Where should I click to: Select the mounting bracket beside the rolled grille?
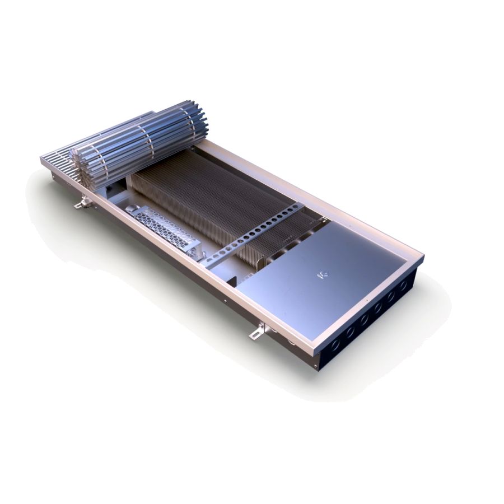(83, 204)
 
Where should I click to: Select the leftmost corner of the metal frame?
(41, 160)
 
